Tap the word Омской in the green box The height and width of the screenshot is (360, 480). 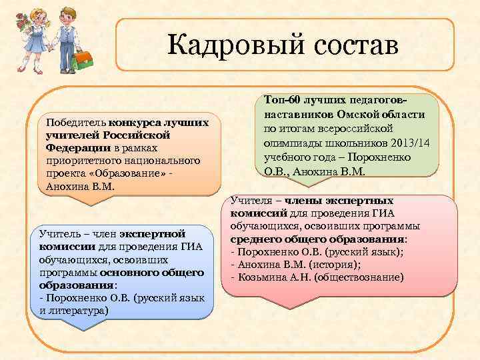click(348, 114)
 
